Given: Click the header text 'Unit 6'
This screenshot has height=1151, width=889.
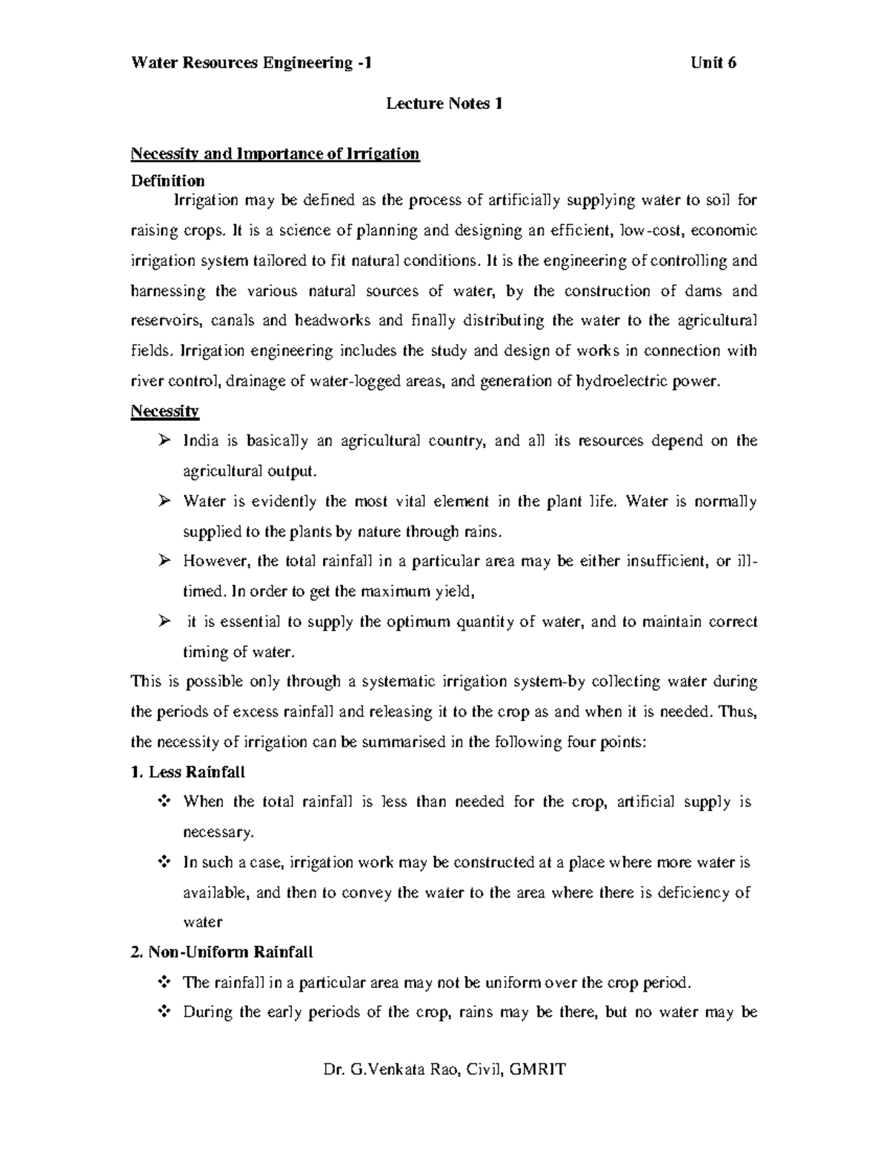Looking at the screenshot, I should point(713,63).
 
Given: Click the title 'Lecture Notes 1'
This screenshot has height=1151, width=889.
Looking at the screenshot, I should point(444,104).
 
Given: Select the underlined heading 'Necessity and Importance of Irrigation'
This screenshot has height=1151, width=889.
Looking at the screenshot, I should point(275,154).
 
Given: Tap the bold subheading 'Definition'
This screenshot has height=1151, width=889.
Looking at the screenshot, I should point(167,181).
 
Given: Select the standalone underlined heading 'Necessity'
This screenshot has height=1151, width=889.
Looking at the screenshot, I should point(164,411).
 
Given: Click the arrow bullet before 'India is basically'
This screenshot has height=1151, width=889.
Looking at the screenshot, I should point(164,441).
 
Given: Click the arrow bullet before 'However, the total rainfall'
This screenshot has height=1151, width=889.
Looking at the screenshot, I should point(164,562).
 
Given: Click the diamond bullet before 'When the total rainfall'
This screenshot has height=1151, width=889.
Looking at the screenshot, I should point(164,802).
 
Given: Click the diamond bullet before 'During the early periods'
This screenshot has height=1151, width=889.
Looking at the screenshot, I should point(164,1012).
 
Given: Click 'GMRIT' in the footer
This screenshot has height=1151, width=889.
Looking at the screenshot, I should point(542,1070).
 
